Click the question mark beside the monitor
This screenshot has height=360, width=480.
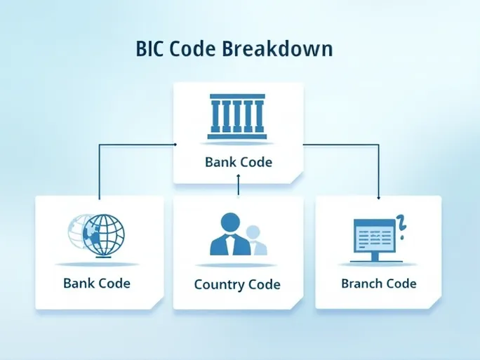point(402,225)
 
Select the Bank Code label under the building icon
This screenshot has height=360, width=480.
point(238,162)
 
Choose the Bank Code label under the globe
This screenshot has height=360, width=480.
point(97,284)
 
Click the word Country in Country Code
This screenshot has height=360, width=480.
point(218,284)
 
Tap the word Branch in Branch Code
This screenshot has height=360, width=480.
point(362,284)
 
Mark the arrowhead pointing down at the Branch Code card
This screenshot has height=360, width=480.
point(378,199)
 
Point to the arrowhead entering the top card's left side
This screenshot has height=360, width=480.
point(173,145)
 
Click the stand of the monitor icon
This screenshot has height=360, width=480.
point(375,257)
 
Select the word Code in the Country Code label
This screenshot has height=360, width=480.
point(262,284)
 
